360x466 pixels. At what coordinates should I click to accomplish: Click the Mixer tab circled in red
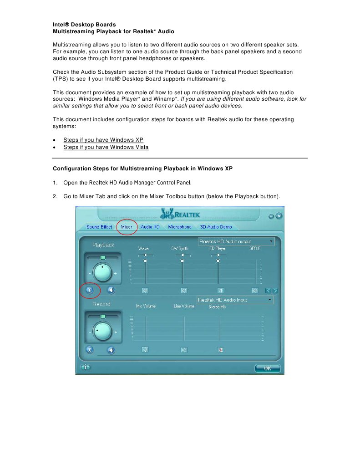coord(127,227)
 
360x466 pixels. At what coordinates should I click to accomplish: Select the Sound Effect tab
coord(99,227)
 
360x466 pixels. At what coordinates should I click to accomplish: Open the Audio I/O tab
coord(150,227)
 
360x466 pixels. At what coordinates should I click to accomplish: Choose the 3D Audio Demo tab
coord(216,227)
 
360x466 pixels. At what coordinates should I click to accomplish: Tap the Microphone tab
coord(179,227)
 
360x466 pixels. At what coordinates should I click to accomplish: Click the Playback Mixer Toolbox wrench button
coord(90,290)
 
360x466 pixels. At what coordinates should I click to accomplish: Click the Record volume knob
coord(103,332)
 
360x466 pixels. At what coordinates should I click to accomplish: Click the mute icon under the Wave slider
coord(145,290)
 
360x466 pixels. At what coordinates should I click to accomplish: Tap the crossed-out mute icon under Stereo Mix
coord(220,350)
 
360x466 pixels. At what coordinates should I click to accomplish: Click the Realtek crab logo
coord(167,214)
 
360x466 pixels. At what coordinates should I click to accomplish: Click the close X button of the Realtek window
coord(279,216)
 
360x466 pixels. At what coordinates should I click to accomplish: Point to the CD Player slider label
coord(218,249)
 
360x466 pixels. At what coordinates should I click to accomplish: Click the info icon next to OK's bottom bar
coord(85,367)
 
